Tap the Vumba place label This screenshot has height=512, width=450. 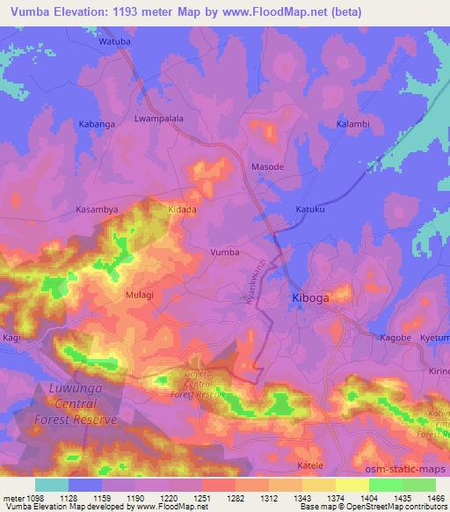point(224,252)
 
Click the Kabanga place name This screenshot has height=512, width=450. point(97,125)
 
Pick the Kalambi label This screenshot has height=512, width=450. point(353,125)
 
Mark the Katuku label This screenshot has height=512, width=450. point(309,211)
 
